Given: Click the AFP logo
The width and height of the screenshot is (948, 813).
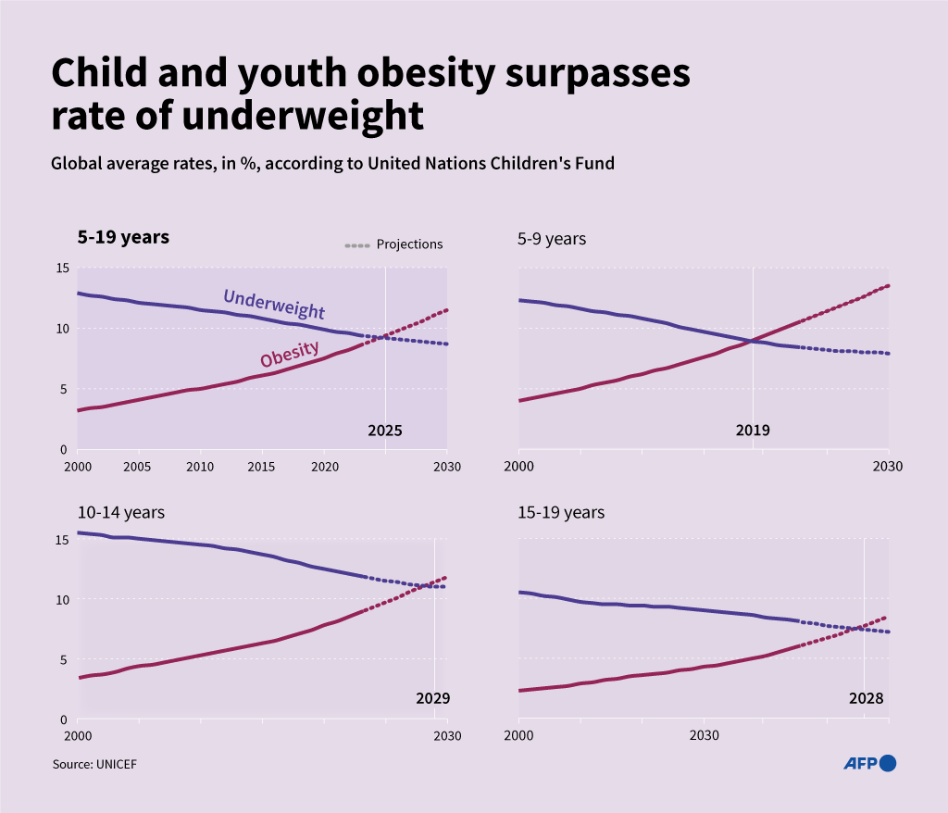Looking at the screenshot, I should pos(869,763).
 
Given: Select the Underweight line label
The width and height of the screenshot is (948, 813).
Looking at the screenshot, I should pos(274,304).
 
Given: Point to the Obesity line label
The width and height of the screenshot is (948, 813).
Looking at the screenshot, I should pos(290,354).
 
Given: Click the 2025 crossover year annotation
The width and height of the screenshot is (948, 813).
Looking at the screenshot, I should pos(385,431).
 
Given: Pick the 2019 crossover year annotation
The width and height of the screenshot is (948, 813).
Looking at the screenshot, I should pos(753,431).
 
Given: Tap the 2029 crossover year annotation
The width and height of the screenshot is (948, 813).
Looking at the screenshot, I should pos(432,698).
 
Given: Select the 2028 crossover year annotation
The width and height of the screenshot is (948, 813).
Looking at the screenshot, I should pos(866,698).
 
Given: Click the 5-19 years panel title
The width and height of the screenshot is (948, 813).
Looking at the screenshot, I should pos(123,237).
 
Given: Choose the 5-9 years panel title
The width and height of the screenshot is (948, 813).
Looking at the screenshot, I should pos(552,239).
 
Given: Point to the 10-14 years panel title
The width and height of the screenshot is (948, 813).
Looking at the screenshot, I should pos(121,512).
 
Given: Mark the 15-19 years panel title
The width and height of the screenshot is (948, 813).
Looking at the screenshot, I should pos(561,512).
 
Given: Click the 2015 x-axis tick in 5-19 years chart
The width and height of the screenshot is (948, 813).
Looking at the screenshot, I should pos(262,466).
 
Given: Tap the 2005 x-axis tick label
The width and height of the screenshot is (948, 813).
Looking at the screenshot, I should pos(138,466).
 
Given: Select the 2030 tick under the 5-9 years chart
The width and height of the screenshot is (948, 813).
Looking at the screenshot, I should pos(888,466).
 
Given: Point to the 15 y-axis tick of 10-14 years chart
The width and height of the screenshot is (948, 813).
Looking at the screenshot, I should pos(62,539).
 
